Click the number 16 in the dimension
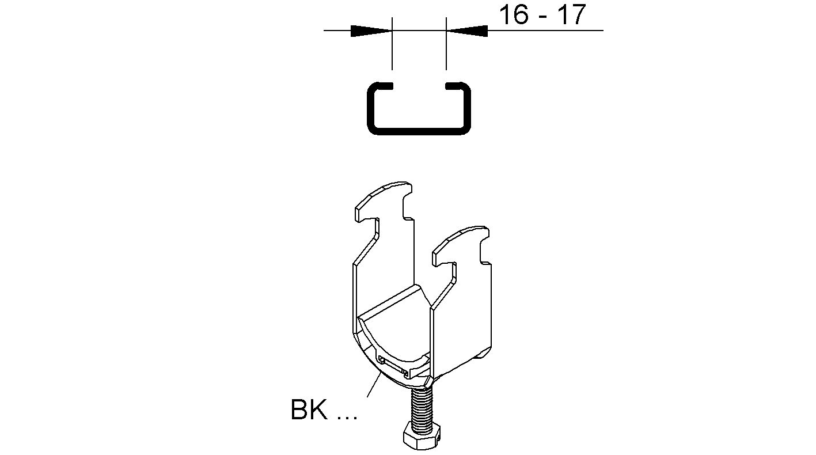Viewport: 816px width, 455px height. (513, 14)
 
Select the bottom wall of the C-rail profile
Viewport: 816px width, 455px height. (419, 131)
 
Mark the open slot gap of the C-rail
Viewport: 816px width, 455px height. (419, 86)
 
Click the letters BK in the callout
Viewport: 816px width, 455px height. (310, 410)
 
